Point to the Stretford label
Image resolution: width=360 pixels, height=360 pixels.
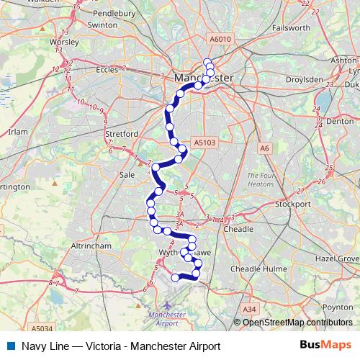point(122,134)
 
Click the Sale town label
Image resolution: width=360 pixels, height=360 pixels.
point(127,174)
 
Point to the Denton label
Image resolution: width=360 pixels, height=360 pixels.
point(337,122)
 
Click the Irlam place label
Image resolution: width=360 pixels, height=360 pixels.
point(17,132)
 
